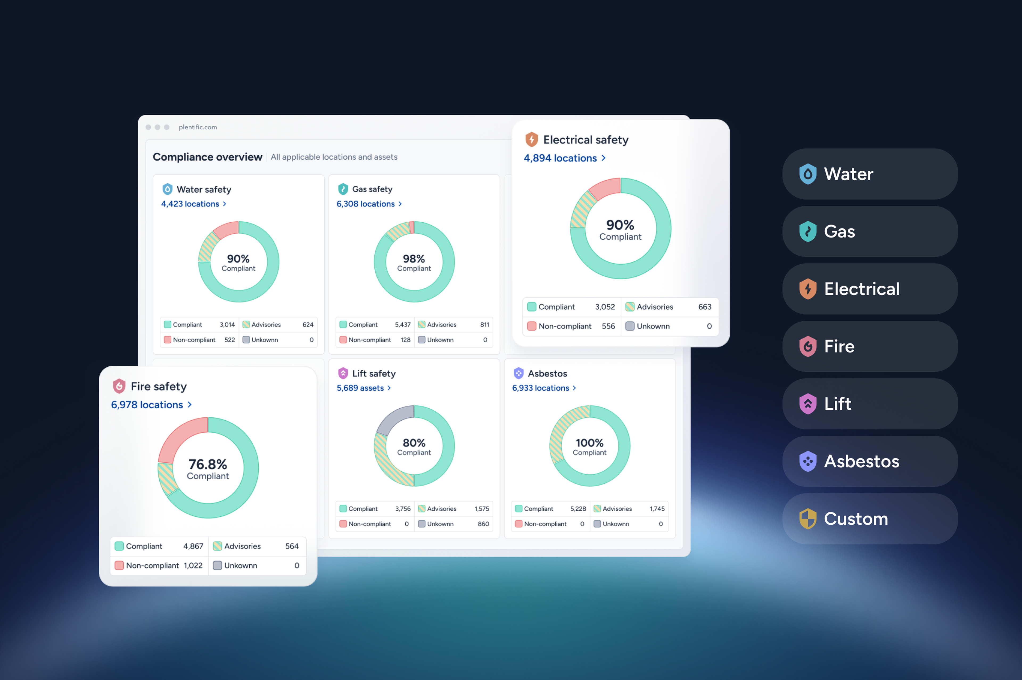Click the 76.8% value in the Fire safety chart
(x=208, y=465)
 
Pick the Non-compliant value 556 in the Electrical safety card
(x=608, y=326)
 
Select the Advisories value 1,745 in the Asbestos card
(x=657, y=509)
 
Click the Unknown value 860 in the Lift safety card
(x=483, y=524)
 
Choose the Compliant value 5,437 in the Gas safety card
(x=403, y=324)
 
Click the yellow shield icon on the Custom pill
(x=808, y=519)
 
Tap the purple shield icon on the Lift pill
(x=808, y=404)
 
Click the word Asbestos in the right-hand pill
(x=862, y=461)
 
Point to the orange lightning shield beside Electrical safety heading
(x=531, y=140)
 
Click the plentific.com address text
(x=198, y=127)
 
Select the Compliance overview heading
(x=207, y=157)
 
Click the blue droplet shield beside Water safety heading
(x=167, y=189)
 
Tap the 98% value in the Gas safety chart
(x=414, y=259)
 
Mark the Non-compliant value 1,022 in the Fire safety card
(x=193, y=566)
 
